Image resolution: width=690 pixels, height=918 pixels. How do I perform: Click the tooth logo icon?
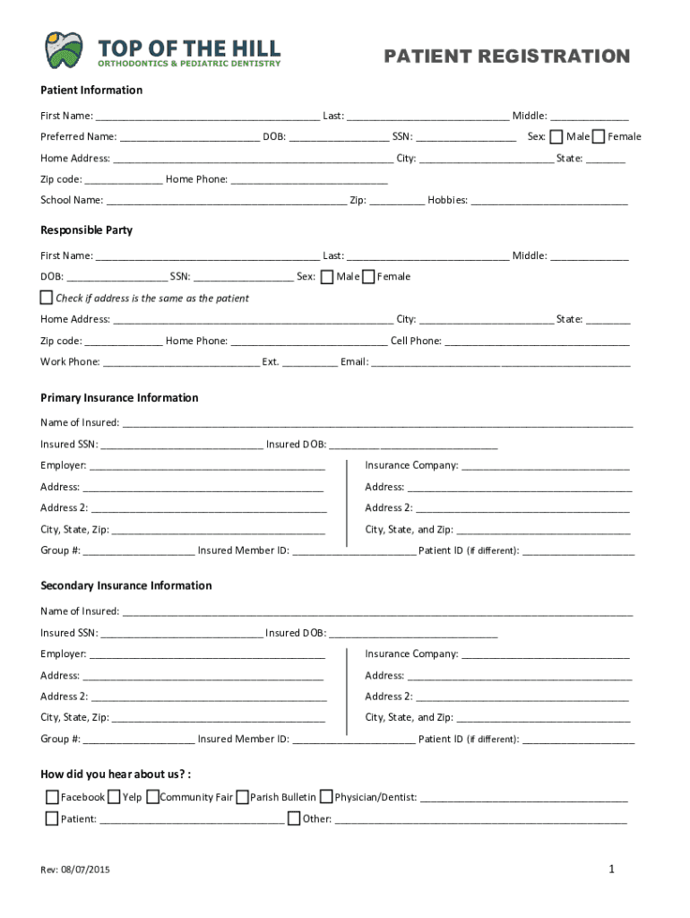64,50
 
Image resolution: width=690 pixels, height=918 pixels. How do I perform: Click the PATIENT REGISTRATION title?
506,56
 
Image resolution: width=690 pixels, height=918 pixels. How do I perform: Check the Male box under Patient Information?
556,136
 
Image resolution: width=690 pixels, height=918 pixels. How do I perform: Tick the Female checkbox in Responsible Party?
367,276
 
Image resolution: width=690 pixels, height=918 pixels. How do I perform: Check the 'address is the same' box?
47,297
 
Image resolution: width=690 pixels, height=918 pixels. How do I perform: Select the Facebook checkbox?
52,796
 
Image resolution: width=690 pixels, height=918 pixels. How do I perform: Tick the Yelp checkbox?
114,796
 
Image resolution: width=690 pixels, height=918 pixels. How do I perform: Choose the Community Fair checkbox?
152,796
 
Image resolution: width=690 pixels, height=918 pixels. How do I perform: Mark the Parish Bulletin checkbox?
242,796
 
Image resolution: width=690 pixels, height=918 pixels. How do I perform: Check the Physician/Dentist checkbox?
326,796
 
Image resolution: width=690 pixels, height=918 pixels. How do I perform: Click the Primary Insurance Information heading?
119,398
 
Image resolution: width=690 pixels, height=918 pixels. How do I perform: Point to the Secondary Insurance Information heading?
126,585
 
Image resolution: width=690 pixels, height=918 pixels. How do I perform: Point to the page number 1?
611,869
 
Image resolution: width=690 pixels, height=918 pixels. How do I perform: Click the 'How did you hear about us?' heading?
116,774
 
